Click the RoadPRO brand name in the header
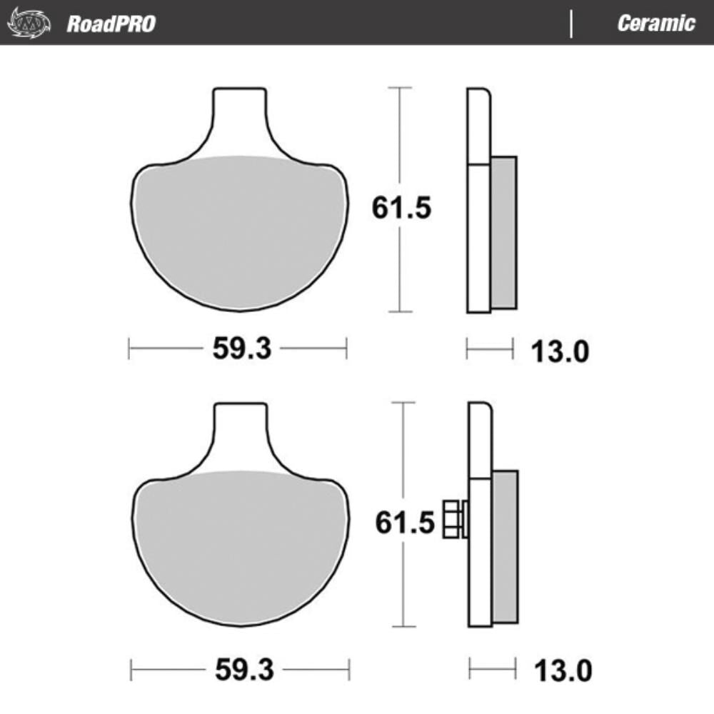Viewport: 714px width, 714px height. click(111, 24)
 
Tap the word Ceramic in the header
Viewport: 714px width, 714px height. click(655, 23)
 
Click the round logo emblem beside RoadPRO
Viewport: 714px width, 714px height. click(29, 24)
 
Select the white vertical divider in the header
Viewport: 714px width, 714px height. click(571, 24)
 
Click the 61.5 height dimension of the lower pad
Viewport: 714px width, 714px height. click(405, 523)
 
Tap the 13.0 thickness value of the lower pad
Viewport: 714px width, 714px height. click(562, 670)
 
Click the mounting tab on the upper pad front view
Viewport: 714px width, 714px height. click(241, 114)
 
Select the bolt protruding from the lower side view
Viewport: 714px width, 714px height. click(453, 519)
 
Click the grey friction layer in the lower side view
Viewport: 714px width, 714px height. click(506, 546)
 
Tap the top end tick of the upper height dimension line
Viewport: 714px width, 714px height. click(400, 87)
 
